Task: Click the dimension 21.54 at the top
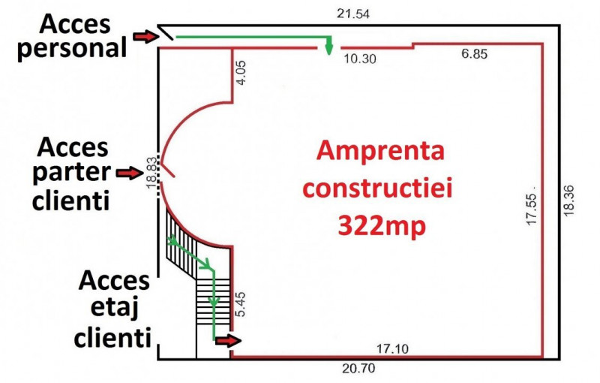pyautogui.click(x=353, y=14)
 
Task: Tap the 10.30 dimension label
pyautogui.click(x=360, y=59)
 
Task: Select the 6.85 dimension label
pyautogui.click(x=475, y=54)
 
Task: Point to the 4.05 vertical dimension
pyautogui.click(x=241, y=73)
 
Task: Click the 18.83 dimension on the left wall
pyautogui.click(x=152, y=172)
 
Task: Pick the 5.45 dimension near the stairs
pyautogui.click(x=241, y=304)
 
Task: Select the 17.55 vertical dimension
pyautogui.click(x=531, y=210)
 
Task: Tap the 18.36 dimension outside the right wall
pyautogui.click(x=568, y=201)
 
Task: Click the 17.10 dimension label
pyautogui.click(x=392, y=349)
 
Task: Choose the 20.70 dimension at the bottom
pyautogui.click(x=358, y=369)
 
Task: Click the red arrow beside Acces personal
pyautogui.click(x=145, y=36)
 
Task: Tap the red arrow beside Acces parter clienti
pyautogui.click(x=130, y=173)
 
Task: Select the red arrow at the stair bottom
pyautogui.click(x=229, y=340)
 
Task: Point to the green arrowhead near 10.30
pyautogui.click(x=328, y=49)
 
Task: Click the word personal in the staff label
pyautogui.click(x=72, y=49)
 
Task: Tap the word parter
pyautogui.click(x=72, y=173)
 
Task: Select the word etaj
pyautogui.click(x=115, y=308)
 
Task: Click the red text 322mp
pyautogui.click(x=382, y=225)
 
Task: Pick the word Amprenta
pyautogui.click(x=381, y=150)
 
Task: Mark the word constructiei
pyautogui.click(x=378, y=188)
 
